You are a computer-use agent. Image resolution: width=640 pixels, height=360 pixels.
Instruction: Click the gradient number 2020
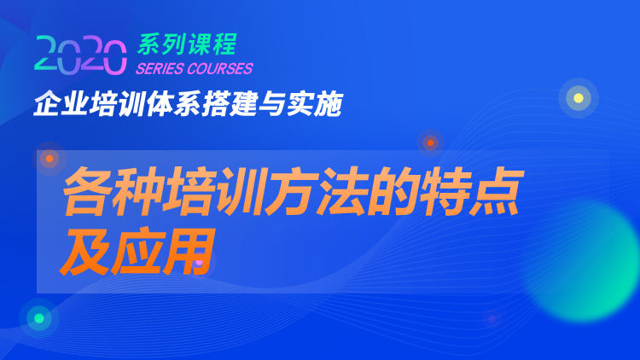pos(80,55)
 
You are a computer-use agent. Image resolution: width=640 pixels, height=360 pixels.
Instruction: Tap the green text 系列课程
pos(188,44)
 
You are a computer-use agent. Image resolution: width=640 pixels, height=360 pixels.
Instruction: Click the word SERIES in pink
pos(160,68)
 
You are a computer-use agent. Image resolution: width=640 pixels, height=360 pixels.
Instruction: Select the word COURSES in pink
pos(220,68)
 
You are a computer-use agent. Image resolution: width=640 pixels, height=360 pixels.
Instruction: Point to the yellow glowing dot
pos(579,98)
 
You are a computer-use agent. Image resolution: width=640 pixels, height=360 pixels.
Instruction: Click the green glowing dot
pos(39,318)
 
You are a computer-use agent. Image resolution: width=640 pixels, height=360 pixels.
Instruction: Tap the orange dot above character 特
pos(430,142)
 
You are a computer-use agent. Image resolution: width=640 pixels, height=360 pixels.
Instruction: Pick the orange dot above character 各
pos(49,159)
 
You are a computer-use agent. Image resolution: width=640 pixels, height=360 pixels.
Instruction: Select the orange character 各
pos(87,191)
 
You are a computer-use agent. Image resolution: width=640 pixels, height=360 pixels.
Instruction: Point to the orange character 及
pos(84,252)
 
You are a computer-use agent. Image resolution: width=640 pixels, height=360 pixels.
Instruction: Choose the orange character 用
pos(189,252)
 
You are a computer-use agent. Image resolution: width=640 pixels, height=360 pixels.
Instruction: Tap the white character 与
pos(272,104)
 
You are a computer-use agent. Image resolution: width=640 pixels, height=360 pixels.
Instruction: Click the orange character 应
pos(137,252)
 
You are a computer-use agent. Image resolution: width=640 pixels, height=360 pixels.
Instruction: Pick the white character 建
pos(244,104)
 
